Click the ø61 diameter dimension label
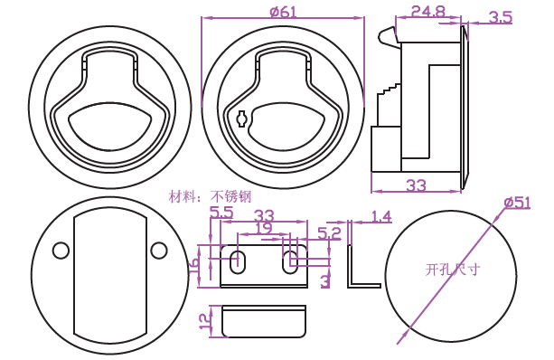point(283,12)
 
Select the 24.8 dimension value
point(428,12)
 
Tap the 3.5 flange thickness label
point(501,17)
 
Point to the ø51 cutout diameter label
point(517,203)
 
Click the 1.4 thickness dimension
point(381,216)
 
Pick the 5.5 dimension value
point(221,213)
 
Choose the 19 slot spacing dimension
point(263,228)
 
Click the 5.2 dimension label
point(329,233)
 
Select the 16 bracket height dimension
point(194,265)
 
